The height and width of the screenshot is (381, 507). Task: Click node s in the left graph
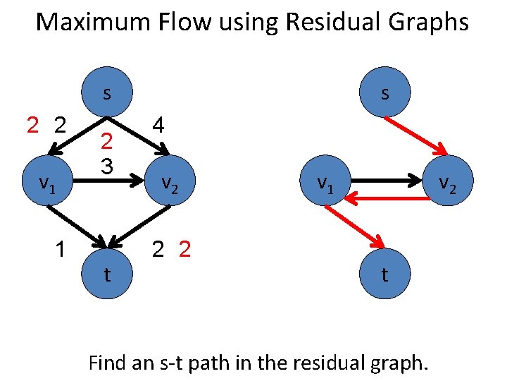point(106,92)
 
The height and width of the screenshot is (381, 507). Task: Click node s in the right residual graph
point(384,92)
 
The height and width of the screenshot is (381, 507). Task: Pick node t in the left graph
point(106,274)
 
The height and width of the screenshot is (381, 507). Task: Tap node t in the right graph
point(384,274)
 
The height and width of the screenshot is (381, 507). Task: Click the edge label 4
point(158,126)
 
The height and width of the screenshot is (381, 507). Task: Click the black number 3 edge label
point(106,167)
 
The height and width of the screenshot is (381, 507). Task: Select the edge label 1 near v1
point(62,250)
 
